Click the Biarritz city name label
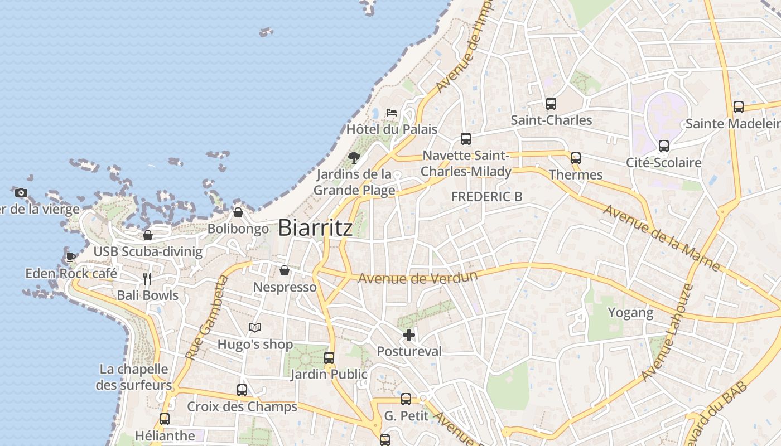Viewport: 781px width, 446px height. pos(315,228)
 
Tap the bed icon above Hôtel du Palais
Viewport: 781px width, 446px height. pos(392,113)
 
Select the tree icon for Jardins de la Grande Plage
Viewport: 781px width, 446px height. pos(354,158)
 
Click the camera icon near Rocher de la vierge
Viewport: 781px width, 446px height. pos(21,193)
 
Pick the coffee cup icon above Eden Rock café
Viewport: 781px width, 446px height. pos(71,257)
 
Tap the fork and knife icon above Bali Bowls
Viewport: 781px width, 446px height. pos(147,279)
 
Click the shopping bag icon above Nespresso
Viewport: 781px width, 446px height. pos(285,271)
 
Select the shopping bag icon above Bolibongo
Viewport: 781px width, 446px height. pos(238,212)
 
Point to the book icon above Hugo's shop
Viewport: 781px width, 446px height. pos(255,327)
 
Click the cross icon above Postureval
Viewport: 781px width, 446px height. pos(409,335)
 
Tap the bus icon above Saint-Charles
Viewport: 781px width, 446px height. pos(551,104)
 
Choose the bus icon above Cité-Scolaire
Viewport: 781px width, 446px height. pos(663,146)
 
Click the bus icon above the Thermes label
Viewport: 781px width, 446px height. pos(576,158)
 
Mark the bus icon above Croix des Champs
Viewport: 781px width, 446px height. pos(242,390)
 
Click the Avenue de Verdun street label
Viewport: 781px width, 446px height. pos(418,277)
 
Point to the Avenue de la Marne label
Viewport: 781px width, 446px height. pos(662,238)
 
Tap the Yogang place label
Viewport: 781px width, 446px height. pos(630,313)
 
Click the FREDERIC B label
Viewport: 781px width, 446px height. pos(486,197)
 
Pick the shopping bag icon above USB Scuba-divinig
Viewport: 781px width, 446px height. pos(148,235)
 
